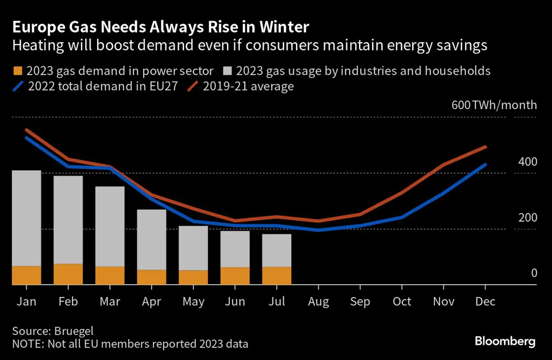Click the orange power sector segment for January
pos(26,275)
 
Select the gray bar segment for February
pos(68,220)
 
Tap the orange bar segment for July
pos(277,276)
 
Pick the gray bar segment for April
pos(151,240)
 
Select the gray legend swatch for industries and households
pos(228,71)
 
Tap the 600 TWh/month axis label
pos(494,105)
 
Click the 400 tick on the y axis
pos(527,162)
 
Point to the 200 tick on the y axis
pos(527,218)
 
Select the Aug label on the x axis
pos(319,302)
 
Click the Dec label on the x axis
pos(485,302)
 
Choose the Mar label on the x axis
pos(110,302)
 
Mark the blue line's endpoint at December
pos(485,164)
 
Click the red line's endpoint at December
pos(485,147)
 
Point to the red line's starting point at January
pos(26,130)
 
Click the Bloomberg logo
pos(505,342)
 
